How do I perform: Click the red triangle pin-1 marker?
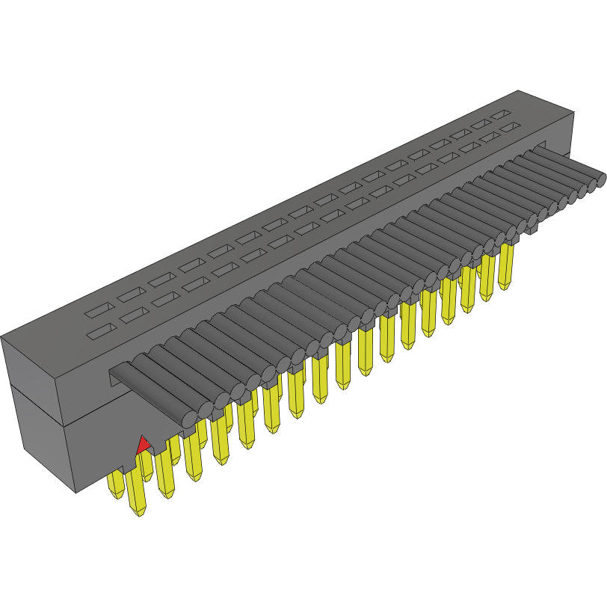142,446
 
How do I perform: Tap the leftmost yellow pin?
116,484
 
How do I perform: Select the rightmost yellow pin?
506,265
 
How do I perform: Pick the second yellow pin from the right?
487,277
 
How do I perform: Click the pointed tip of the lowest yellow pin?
138,514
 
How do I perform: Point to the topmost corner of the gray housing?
519,90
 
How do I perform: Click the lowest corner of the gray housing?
77,493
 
